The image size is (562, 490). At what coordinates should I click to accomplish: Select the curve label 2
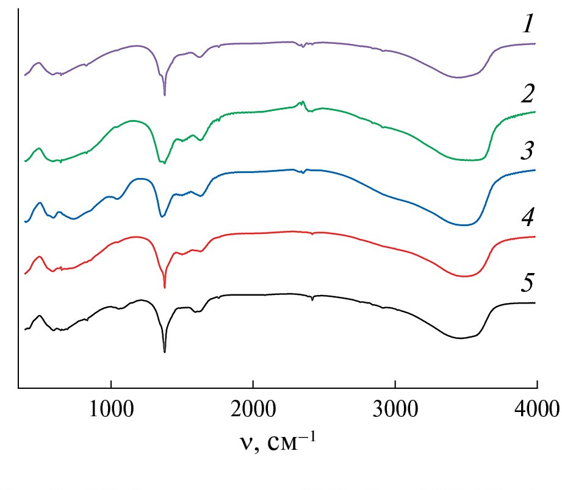[x=525, y=94]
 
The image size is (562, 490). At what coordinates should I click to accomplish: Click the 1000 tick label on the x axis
[x=110, y=407]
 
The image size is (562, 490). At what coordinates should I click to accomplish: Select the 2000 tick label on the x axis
[x=253, y=407]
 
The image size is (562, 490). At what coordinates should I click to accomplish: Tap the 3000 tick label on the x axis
[x=395, y=407]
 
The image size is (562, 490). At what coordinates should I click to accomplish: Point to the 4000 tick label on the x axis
[x=535, y=407]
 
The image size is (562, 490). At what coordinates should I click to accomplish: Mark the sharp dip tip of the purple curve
[x=165, y=95]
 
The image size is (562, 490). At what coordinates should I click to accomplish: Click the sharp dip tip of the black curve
[x=165, y=352]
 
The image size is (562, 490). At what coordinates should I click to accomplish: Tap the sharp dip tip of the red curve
[x=165, y=288]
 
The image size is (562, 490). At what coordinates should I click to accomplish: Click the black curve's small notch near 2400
[x=312, y=300]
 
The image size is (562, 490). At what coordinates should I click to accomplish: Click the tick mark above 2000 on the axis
[x=253, y=385]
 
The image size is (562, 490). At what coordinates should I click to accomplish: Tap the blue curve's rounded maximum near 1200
[x=140, y=179]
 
